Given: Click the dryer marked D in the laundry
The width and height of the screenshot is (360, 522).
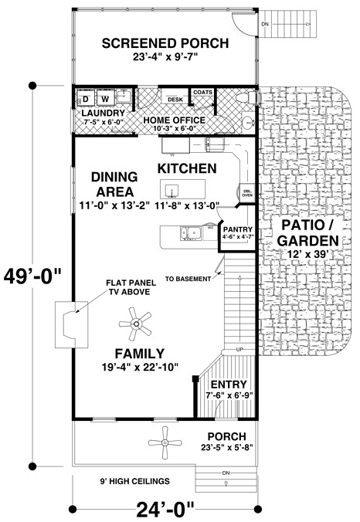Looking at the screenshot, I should (x=87, y=100).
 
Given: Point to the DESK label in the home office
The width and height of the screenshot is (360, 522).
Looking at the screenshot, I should (x=174, y=100).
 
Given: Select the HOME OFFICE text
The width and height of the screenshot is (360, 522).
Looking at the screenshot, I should (x=173, y=120).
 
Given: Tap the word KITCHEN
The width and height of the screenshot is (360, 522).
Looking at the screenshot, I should (x=186, y=168).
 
